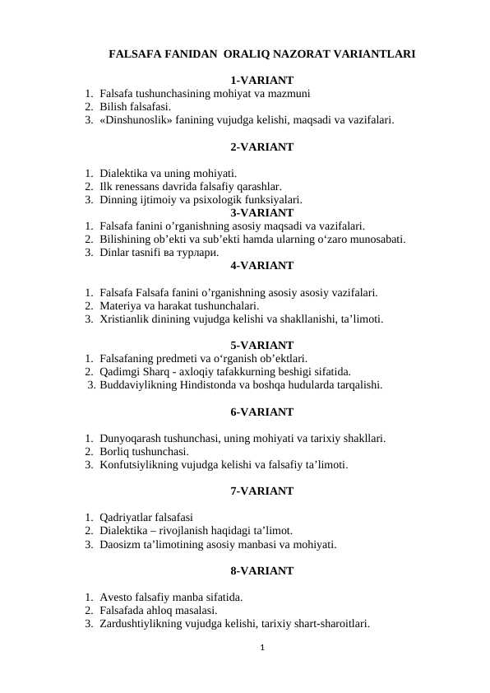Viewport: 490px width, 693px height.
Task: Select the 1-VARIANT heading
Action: (x=261, y=81)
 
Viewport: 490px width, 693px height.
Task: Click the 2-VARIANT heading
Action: (x=261, y=147)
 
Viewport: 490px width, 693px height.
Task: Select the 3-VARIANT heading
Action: (x=261, y=212)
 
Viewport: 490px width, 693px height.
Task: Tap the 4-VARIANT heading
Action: (x=261, y=266)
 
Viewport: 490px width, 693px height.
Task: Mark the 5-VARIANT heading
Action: (x=261, y=345)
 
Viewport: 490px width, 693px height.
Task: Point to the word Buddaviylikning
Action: (x=139, y=384)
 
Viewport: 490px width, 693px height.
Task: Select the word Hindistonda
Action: (x=210, y=384)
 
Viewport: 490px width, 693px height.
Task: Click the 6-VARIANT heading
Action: (x=261, y=412)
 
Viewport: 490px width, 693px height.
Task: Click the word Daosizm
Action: (x=120, y=544)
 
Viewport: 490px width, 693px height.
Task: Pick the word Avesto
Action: (x=116, y=597)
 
